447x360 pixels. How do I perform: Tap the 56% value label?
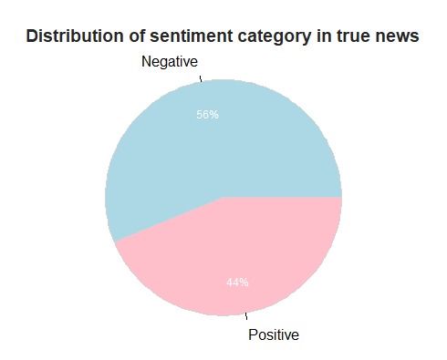tap(207, 115)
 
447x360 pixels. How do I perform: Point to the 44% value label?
tap(237, 283)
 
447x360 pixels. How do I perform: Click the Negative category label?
tap(169, 62)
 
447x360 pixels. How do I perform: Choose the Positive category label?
tap(274, 334)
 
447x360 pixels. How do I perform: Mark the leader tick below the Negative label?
tap(201, 77)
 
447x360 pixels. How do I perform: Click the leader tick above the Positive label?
tap(245, 317)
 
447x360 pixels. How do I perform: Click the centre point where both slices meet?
tap(223, 197)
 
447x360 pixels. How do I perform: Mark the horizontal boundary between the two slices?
tap(283, 197)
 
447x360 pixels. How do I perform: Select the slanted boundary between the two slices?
tap(169, 219)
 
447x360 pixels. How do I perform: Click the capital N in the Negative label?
tap(145, 62)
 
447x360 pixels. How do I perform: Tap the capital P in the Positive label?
tap(254, 334)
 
